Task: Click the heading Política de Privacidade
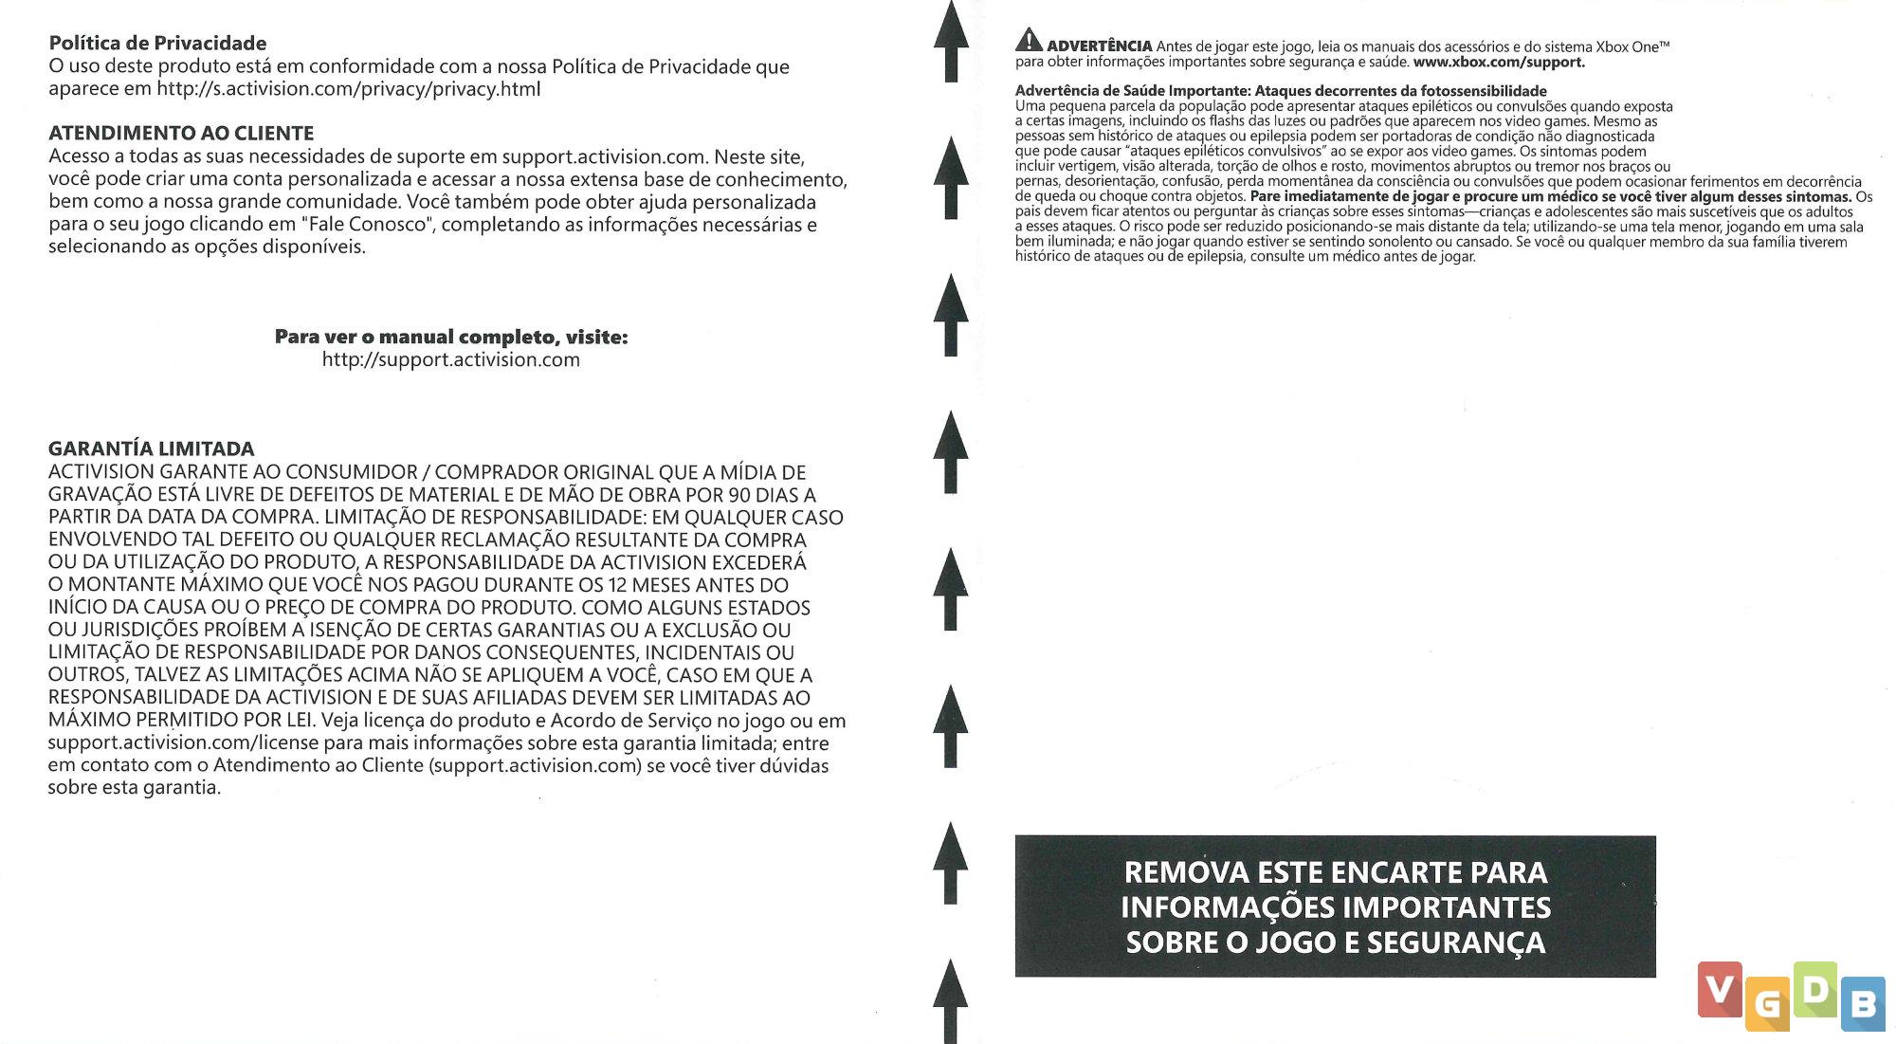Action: [157, 43]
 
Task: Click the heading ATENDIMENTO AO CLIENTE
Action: [181, 133]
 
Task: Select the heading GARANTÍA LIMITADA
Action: [152, 449]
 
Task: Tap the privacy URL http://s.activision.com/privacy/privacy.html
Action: [348, 89]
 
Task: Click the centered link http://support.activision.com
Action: [450, 359]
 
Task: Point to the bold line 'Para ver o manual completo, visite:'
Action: [450, 337]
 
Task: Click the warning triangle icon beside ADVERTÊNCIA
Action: [1029, 41]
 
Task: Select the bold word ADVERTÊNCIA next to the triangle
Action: [1100, 46]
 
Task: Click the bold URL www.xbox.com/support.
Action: [1498, 63]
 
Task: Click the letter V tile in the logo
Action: [1720, 989]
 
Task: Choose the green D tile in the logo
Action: [1814, 989]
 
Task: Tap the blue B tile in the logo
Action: [1863, 1004]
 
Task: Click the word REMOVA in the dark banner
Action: [1184, 872]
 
